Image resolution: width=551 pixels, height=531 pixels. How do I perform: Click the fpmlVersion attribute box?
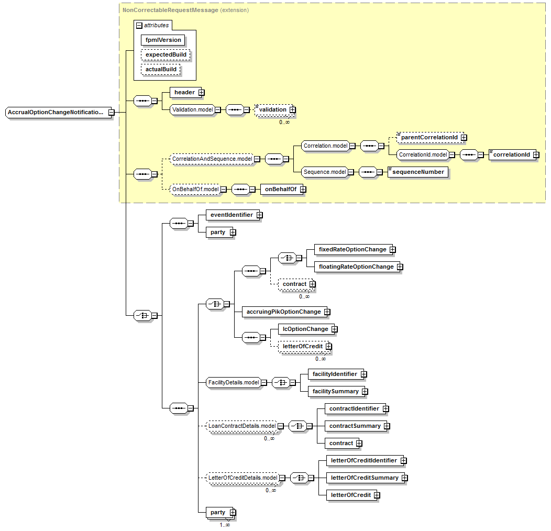(x=163, y=40)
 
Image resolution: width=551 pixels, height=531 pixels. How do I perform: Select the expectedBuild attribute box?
(x=166, y=54)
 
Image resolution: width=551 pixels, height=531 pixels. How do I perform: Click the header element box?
(x=184, y=93)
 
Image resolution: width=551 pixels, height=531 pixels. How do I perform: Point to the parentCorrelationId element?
(x=429, y=138)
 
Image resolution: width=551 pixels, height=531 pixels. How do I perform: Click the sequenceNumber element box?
(x=417, y=172)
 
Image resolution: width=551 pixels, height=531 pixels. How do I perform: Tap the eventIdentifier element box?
(x=231, y=215)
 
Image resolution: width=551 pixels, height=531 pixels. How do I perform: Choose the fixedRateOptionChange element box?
(x=352, y=250)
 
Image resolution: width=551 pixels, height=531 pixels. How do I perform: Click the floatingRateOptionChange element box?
(x=356, y=267)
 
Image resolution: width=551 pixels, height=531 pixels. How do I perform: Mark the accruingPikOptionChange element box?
(x=283, y=312)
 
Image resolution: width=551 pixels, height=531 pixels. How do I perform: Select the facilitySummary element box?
(x=335, y=391)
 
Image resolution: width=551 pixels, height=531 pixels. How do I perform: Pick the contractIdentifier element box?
(x=354, y=408)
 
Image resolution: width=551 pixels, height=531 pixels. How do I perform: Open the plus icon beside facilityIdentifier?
(x=363, y=374)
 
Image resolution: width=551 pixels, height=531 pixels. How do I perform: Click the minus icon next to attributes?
(x=139, y=25)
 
